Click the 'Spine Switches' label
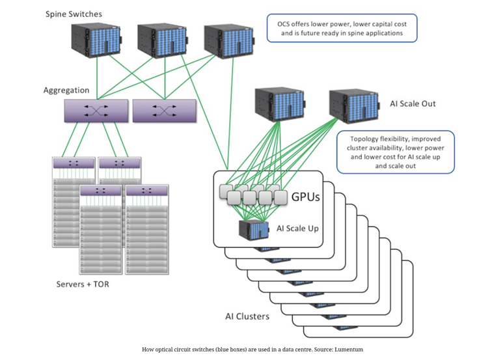tap(74, 14)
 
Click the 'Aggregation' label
tap(66, 90)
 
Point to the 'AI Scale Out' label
tap(413, 104)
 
